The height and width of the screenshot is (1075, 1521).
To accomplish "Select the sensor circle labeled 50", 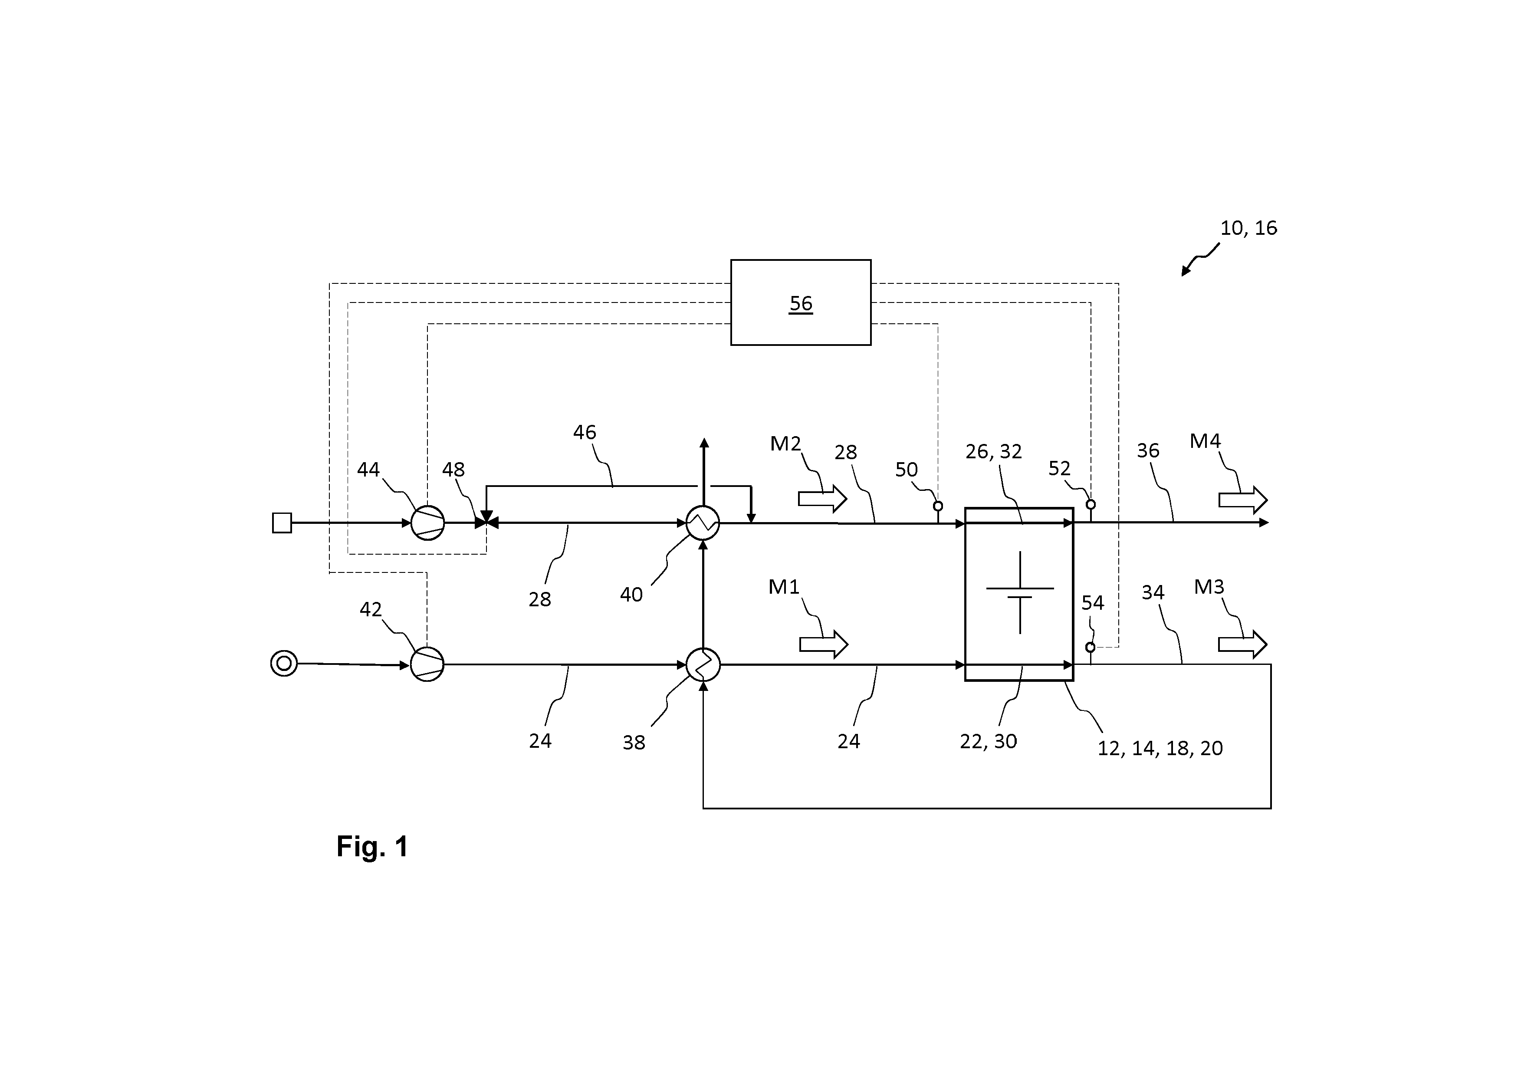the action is coord(938,506).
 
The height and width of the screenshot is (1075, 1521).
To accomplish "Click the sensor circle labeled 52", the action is coord(1091,505).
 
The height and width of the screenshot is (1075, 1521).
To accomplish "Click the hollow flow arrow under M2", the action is coord(822,499).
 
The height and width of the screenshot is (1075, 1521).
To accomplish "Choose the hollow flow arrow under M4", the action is coord(1243,500).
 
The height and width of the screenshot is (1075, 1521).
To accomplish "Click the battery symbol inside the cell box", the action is coord(1019,592).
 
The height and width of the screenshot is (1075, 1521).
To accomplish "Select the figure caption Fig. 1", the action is coord(372,846).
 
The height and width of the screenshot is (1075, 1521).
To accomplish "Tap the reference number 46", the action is coord(584,433).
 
